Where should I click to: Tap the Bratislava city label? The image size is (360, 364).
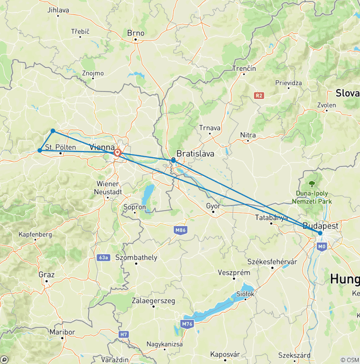tap(195, 153)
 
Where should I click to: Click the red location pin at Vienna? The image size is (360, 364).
tap(118, 152)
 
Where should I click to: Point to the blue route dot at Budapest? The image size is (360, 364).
tap(320, 233)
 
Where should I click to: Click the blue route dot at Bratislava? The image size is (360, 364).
tap(173, 160)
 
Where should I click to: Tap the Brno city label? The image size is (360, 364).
tap(136, 33)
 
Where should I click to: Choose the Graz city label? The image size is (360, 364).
tap(47, 274)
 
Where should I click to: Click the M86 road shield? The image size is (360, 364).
tap(180, 230)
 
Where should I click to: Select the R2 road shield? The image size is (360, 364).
tap(259, 95)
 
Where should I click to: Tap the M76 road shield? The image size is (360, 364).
tap(187, 324)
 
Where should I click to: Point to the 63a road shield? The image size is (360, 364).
tap(104, 258)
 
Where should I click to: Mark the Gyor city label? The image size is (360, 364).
tap(213, 205)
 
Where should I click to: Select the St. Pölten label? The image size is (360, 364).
tap(60, 148)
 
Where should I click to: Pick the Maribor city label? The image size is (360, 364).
tap(62, 332)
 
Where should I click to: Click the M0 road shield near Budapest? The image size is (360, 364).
tap(321, 246)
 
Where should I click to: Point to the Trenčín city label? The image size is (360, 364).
tap(244, 68)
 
